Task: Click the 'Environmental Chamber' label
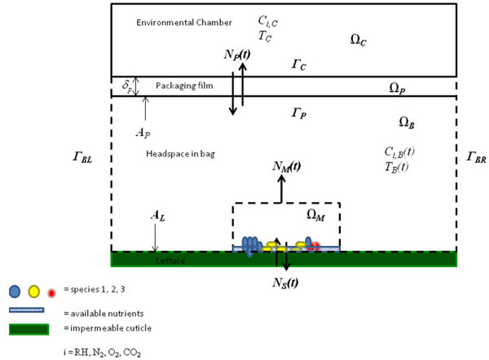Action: [x=184, y=21]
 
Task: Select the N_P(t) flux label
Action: [x=238, y=54]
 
